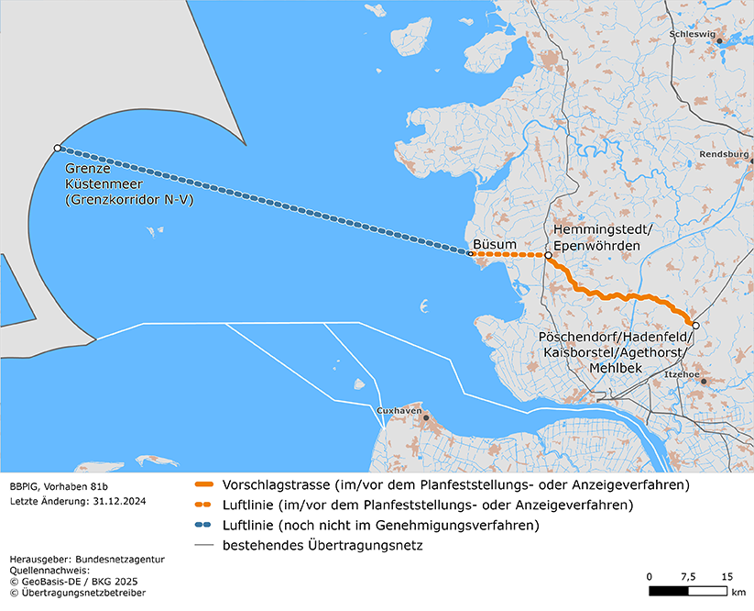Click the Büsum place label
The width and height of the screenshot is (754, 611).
(495, 245)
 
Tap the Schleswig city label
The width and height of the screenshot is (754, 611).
(693, 34)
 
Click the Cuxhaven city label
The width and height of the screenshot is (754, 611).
(399, 411)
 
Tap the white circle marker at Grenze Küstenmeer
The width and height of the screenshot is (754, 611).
(58, 148)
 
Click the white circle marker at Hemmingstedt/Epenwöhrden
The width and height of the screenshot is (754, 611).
(548, 256)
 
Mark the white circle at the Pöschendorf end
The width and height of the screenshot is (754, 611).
(695, 326)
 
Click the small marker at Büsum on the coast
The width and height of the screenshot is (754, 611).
(471, 253)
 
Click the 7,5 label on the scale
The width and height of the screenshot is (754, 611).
(687, 576)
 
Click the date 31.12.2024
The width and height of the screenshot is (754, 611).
(117, 502)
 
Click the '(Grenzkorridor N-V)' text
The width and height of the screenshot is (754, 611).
(130, 199)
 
